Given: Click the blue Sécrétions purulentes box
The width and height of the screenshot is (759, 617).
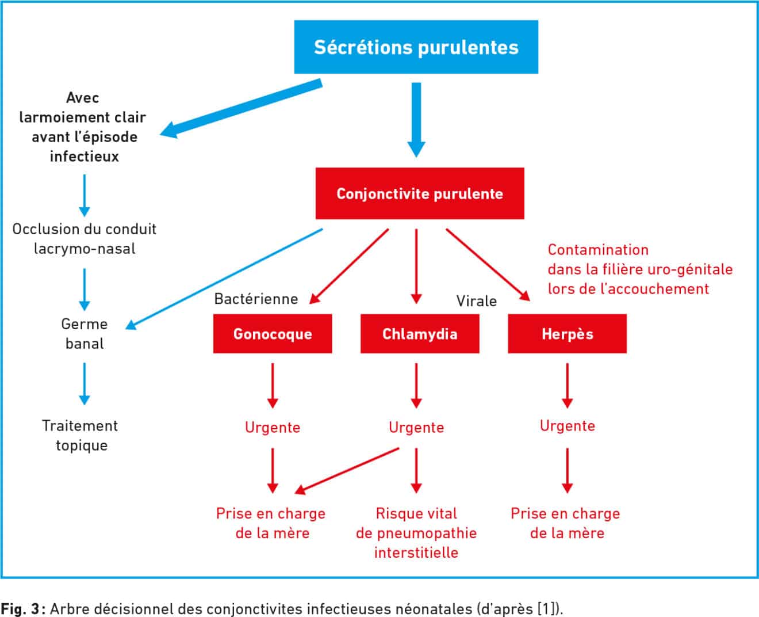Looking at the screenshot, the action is coord(416,47).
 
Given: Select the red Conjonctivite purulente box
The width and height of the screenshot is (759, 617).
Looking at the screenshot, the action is coord(420,193).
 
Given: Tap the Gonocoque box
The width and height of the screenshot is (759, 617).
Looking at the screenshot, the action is coord(273,333).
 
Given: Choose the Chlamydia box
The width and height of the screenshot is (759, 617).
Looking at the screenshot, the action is coord(420,333).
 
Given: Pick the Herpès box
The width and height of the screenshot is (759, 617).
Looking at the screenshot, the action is coord(568,333).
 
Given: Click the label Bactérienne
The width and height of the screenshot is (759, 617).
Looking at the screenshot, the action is coord(256,299).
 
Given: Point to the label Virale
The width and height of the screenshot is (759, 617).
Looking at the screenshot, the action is coord(477,302).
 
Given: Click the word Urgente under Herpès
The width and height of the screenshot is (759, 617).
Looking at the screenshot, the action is coord(568,426).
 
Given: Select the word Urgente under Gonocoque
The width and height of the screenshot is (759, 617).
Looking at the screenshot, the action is coord(273,427).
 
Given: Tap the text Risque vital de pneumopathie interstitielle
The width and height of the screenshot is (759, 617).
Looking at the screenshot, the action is coord(416,533).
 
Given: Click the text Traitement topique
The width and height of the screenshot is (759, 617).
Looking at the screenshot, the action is coord(80,436).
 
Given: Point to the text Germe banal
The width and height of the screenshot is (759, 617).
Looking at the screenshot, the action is coord(85,334).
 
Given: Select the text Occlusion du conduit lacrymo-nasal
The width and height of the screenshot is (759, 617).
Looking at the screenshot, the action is coord(85,239).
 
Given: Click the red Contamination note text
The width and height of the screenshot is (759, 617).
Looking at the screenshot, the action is coord(640,269).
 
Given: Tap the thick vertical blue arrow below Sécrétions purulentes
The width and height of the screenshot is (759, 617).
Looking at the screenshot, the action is coord(416,120).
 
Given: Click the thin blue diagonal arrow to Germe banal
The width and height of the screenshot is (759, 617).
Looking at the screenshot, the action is coord(224,279).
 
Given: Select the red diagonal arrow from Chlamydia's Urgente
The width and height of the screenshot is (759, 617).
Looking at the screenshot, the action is coord(347,471).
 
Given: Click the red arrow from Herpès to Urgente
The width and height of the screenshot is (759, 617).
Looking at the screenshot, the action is coord(568,386).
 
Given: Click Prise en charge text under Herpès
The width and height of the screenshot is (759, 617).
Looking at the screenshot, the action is coord(565,523).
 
